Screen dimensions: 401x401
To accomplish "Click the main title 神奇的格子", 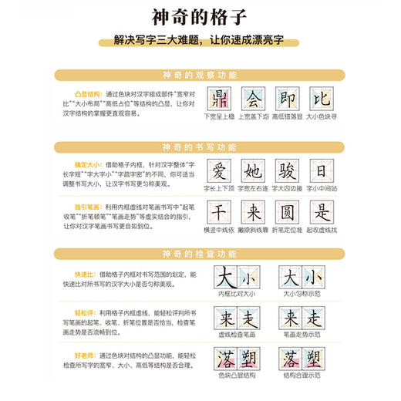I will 200,18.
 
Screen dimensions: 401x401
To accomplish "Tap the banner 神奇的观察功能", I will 200,75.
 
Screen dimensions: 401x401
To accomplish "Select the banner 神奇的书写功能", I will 200,147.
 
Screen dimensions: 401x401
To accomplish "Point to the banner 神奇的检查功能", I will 200,253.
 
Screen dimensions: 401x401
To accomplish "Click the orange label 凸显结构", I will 72,90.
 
